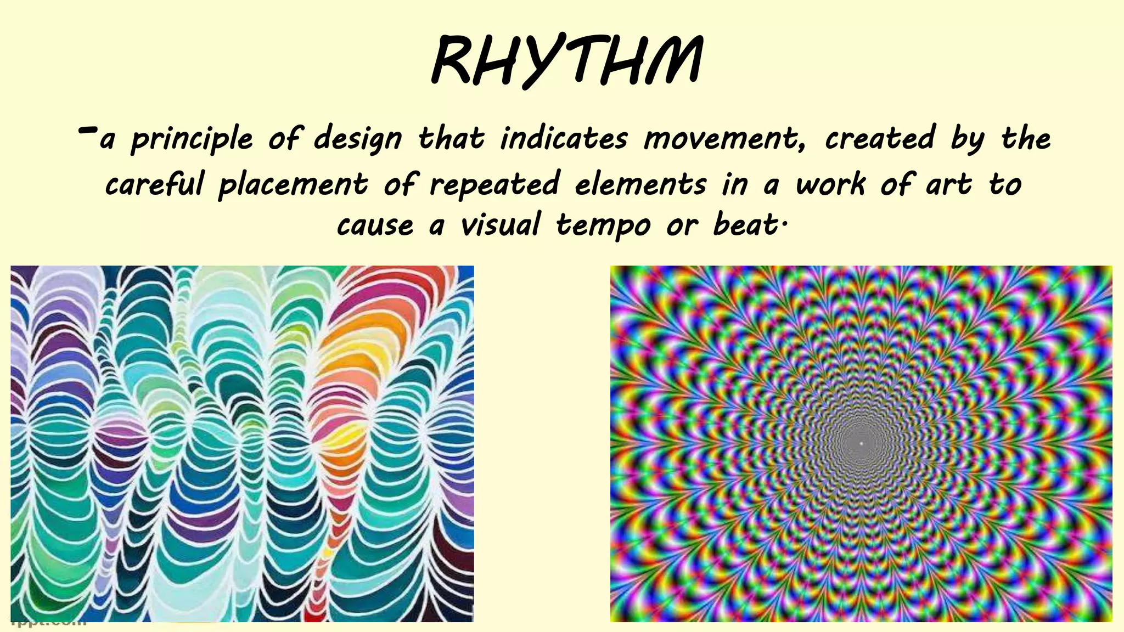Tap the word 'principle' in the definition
coord(192,139)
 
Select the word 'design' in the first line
coord(358,139)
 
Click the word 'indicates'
coord(564,138)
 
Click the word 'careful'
coord(154,184)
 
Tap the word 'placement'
coord(293,185)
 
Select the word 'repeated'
coord(494,185)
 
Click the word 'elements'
coord(640,184)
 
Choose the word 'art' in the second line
coord(949,185)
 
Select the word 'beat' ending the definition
coord(745,225)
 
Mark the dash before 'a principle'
coord(88,131)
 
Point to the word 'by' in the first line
coord(968,139)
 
